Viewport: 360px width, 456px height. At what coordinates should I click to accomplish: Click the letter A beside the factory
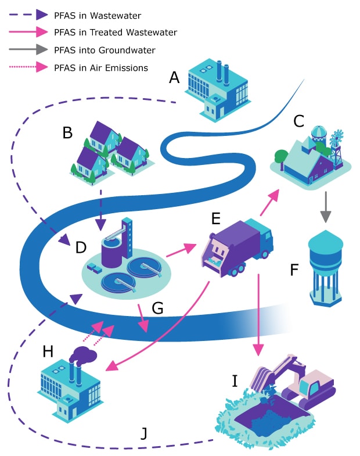click(174, 78)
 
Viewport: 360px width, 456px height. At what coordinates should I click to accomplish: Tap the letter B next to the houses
click(68, 133)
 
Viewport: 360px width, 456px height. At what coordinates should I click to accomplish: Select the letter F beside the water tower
click(294, 270)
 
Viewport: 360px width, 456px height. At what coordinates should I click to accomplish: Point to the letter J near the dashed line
click(145, 433)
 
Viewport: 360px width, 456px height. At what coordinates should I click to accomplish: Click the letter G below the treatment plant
click(157, 308)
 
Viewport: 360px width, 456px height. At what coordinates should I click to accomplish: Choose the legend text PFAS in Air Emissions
click(100, 68)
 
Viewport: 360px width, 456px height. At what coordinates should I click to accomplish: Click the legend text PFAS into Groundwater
click(105, 51)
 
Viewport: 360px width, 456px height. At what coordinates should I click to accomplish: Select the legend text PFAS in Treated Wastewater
click(115, 33)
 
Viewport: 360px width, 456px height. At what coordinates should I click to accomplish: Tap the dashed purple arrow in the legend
click(30, 15)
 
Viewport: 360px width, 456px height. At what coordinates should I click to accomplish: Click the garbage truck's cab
click(261, 235)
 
